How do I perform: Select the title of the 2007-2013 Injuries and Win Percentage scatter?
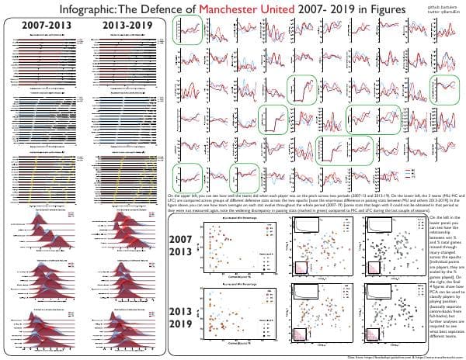(229, 222)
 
